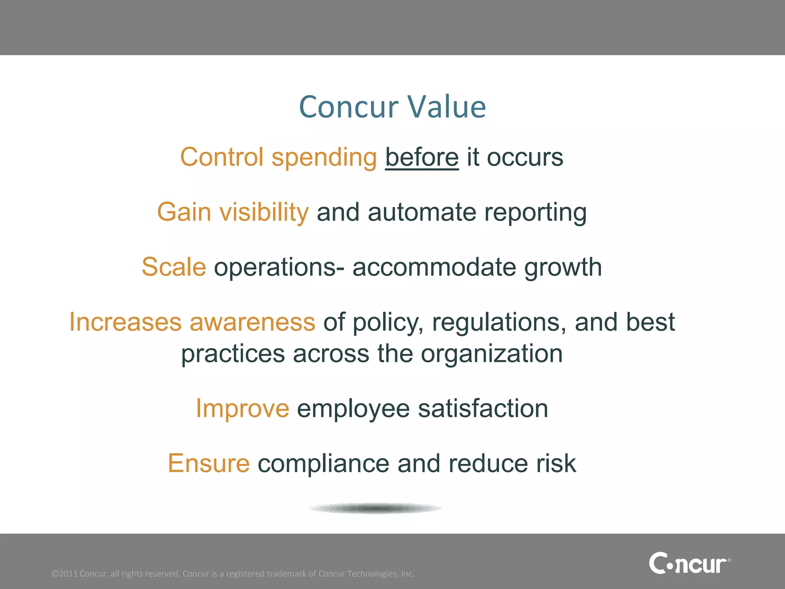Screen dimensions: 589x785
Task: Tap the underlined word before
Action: (422, 158)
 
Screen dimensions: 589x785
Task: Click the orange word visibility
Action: (264, 212)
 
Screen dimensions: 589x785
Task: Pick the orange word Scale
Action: (174, 267)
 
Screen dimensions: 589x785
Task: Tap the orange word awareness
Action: (252, 322)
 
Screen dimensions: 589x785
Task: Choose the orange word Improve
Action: (242, 408)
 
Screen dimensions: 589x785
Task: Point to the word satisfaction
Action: (483, 409)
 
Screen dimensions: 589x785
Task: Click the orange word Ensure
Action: (209, 464)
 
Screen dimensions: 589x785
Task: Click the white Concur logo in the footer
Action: (689, 563)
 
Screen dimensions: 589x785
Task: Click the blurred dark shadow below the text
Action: (376, 508)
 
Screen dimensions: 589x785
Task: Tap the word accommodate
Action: (434, 267)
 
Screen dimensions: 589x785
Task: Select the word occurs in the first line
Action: (525, 158)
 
